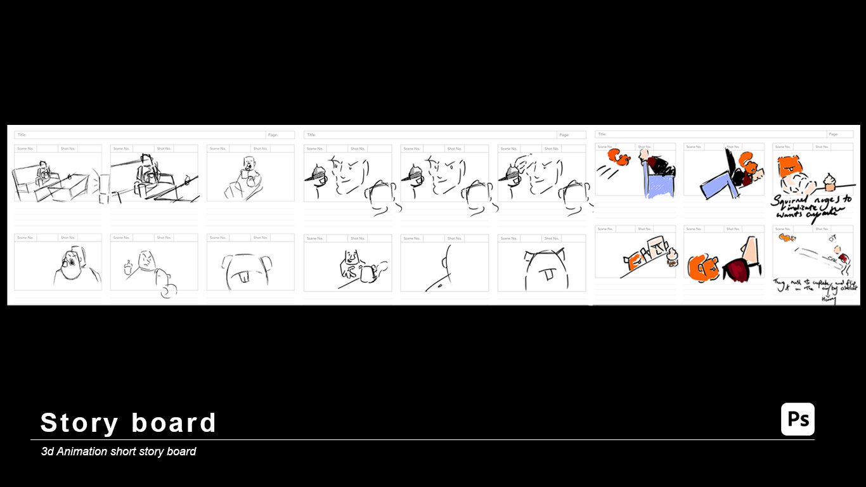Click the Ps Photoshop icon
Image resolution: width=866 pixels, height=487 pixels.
[798, 419]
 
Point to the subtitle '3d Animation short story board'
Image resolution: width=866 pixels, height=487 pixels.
[119, 451]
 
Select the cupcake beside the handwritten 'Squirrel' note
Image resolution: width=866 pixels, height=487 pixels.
[829, 182]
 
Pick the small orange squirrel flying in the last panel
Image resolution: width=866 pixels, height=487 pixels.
[787, 238]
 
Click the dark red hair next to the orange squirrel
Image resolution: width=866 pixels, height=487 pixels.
[737, 269]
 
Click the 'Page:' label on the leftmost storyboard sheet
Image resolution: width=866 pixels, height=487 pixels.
[273, 135]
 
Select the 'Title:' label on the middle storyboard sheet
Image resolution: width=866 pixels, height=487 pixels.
[311, 135]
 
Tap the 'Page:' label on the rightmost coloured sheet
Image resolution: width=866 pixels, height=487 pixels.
[834, 134]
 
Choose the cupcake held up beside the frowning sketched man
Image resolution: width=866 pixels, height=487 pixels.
[129, 264]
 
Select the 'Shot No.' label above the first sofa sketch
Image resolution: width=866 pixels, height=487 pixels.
[68, 148]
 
